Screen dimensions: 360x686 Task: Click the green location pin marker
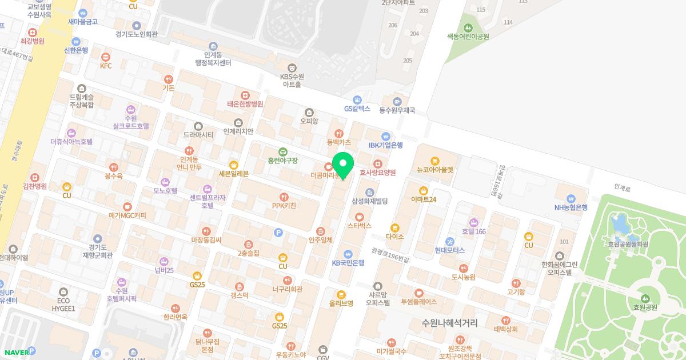[x=342, y=165]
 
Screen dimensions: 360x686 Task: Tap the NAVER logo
[x=15, y=352]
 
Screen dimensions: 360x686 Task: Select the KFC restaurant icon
[x=106, y=57]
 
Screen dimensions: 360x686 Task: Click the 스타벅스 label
[x=359, y=226]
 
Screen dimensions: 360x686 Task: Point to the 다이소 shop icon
[x=394, y=228]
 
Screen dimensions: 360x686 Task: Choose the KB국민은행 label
[x=348, y=263]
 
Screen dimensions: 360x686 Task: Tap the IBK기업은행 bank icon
[x=386, y=137]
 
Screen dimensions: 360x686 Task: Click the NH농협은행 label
[x=571, y=207]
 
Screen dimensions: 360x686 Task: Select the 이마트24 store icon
[x=424, y=191]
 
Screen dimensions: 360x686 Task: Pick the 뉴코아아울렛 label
[x=434, y=170]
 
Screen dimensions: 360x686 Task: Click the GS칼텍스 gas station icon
[x=357, y=99]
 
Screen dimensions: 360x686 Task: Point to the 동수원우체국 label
[x=397, y=110]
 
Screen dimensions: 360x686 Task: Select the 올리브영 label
[x=341, y=303]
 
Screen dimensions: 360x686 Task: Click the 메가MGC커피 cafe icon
[x=127, y=207]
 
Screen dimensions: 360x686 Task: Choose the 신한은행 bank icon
[x=76, y=41]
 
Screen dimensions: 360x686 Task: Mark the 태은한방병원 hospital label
[x=245, y=104]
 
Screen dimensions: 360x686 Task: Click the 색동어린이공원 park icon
[x=468, y=27]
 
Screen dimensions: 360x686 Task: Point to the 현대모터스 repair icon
[x=450, y=241]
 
